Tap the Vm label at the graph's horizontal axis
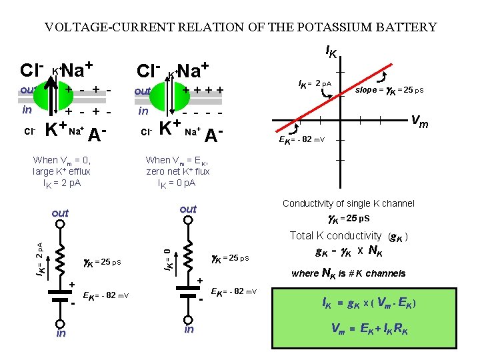pyautogui.click(x=419, y=121)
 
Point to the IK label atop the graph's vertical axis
pyautogui.click(x=331, y=51)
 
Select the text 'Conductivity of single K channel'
pyautogui.click(x=349, y=203)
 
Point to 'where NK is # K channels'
pyautogui.click(x=349, y=273)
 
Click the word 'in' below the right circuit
pyautogui.click(x=189, y=329)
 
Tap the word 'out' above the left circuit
pyautogui.click(x=60, y=213)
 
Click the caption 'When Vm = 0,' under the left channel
pyautogui.click(x=61, y=160)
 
